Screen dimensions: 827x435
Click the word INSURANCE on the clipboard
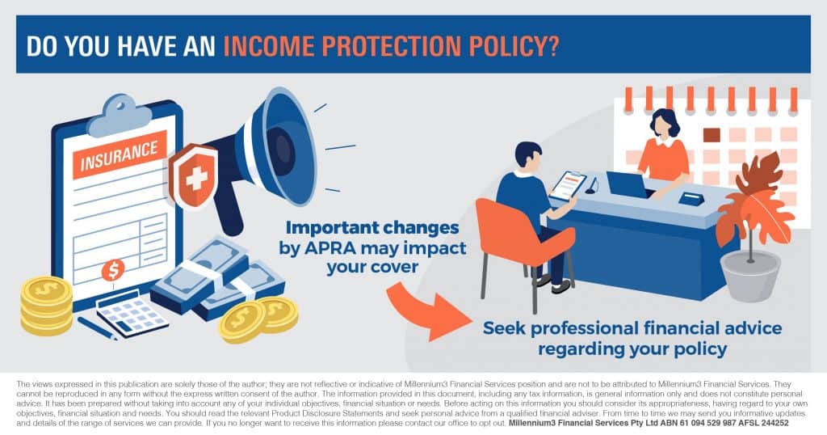click(119, 156)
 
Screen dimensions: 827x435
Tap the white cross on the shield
click(197, 179)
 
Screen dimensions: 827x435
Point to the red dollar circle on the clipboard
click(113, 270)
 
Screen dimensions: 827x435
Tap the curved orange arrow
click(427, 311)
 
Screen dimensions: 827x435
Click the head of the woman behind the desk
click(665, 124)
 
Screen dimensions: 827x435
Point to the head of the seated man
click(527, 156)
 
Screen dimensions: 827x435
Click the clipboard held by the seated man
click(568, 186)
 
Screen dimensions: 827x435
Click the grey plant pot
click(750, 276)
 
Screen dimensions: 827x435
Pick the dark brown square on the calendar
click(712, 135)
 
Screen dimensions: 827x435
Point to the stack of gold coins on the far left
click(46, 306)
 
